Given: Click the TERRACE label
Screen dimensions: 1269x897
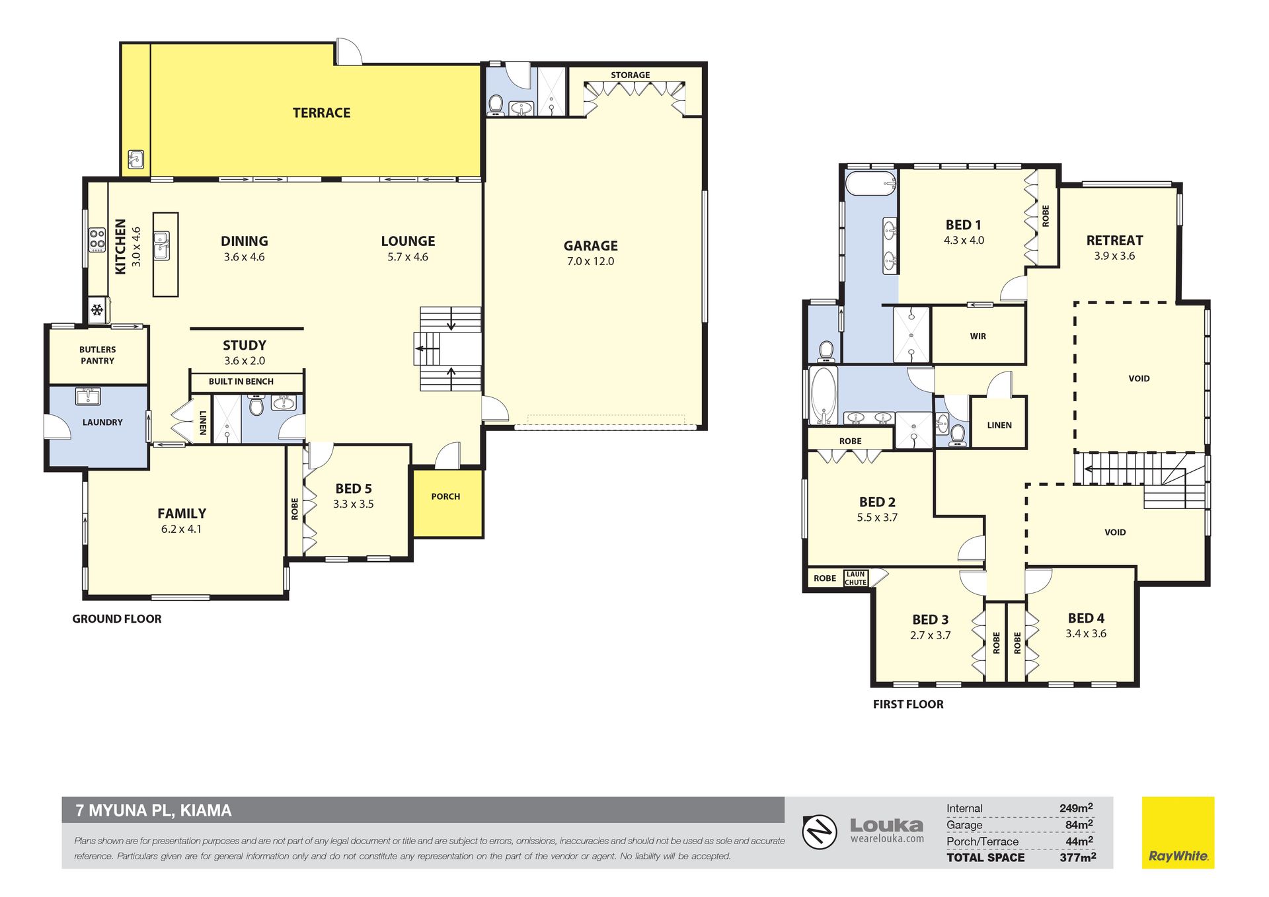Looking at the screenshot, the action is pyautogui.click(x=321, y=113).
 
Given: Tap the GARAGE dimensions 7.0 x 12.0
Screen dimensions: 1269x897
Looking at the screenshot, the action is pyautogui.click(x=590, y=262).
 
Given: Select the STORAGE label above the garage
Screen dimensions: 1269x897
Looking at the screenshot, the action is pyautogui.click(x=630, y=75).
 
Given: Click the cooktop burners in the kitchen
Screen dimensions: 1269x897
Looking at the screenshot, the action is pyautogui.click(x=97, y=240).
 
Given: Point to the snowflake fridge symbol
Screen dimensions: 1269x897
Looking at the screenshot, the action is pyautogui.click(x=97, y=309).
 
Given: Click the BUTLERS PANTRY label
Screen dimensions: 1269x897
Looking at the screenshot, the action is pyautogui.click(x=97, y=355).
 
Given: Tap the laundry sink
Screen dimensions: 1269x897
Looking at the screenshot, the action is pyautogui.click(x=88, y=396).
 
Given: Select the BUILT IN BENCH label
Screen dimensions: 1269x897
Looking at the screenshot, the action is pyautogui.click(x=241, y=381).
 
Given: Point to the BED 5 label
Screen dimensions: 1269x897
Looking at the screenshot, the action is pyautogui.click(x=354, y=488).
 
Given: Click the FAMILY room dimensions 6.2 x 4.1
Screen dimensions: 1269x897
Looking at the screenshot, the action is pyautogui.click(x=181, y=529).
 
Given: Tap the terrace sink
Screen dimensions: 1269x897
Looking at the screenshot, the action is pyautogui.click(x=136, y=159).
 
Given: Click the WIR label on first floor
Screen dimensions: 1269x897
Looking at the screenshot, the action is pyautogui.click(x=978, y=336).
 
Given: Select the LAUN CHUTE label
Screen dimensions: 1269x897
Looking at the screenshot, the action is pyautogui.click(x=855, y=578).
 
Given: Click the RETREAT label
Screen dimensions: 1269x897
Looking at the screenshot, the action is pyautogui.click(x=1114, y=241).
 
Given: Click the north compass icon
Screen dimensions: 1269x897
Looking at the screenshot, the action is pyautogui.click(x=820, y=832).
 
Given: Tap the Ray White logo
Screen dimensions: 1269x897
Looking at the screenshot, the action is pyautogui.click(x=1178, y=832).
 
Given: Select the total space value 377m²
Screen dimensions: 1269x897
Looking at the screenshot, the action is pyautogui.click(x=1077, y=857).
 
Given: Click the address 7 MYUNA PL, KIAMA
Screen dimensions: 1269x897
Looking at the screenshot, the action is pyautogui.click(x=154, y=810).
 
